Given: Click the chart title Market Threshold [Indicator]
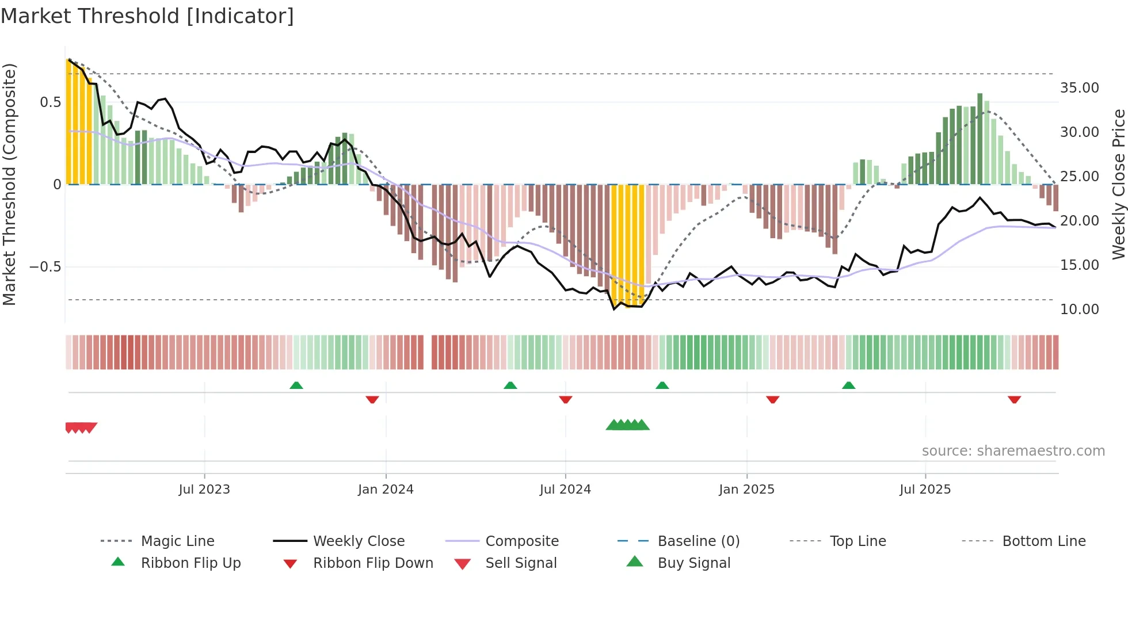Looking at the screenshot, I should click(x=147, y=16).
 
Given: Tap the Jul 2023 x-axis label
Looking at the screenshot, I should click(x=204, y=490).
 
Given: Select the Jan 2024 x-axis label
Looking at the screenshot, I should click(x=386, y=490).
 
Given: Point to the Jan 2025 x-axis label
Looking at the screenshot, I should click(x=746, y=490).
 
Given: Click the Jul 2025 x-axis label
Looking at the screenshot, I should click(x=925, y=490).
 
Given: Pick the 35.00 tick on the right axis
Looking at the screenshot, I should click(x=1079, y=88).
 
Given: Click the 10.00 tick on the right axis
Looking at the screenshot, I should click(x=1079, y=310).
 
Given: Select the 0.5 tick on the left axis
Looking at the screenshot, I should click(x=50, y=102).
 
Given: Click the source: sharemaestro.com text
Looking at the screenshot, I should click(x=1013, y=451).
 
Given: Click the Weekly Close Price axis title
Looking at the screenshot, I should click(x=1118, y=184).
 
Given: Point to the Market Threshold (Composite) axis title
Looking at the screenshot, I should click(x=9, y=184).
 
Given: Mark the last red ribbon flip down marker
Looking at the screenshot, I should click(x=1014, y=399).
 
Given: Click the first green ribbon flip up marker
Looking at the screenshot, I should click(x=296, y=385).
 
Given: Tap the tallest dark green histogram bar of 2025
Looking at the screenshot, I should click(x=980, y=138).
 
